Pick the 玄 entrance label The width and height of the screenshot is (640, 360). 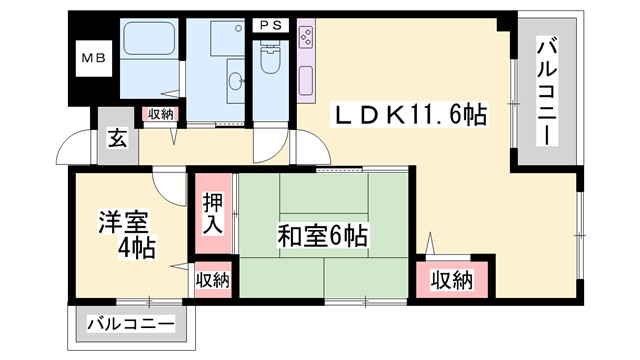117,139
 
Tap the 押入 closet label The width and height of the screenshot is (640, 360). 214,212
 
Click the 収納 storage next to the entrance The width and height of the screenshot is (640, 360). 159,114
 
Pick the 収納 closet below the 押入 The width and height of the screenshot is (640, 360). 212,279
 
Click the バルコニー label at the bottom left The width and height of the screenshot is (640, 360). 129,324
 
